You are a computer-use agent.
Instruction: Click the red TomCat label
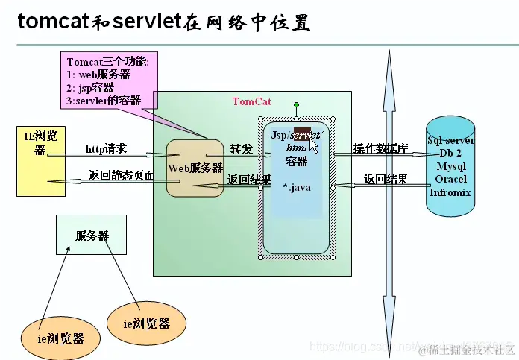click(252, 101)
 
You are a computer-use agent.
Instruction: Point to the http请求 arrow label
click(106, 149)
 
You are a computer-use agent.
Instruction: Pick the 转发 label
click(241, 148)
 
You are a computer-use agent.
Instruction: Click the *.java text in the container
click(296, 186)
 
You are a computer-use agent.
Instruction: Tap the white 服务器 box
click(91, 236)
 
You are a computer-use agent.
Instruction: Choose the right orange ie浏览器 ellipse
click(146, 323)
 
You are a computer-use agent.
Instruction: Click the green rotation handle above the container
click(296, 105)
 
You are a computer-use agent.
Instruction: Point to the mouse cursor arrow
click(312, 145)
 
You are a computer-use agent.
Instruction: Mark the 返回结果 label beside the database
click(385, 179)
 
